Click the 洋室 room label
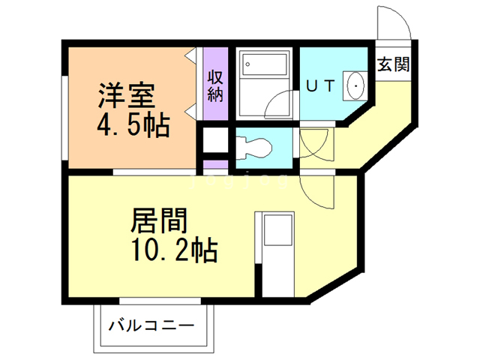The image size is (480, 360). coord(127,95)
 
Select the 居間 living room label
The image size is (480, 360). coord(158,220)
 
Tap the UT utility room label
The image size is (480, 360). coord(318,86)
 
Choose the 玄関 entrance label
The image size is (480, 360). coord(393,64)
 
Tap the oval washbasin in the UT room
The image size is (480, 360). coord(354,85)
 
